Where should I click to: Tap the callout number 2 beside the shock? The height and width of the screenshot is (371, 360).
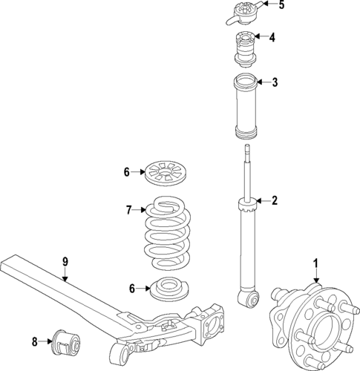pos(274,200)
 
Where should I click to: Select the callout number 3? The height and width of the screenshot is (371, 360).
pos(275,82)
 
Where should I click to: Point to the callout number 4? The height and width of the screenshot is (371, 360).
pos(272,37)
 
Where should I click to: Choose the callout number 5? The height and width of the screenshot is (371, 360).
pos(281,5)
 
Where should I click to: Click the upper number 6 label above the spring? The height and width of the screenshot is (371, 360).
pos(127,172)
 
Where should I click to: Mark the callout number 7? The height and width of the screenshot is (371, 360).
pos(127,210)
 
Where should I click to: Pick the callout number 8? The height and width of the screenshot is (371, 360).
pos(34,342)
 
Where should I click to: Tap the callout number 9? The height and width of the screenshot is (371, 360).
pos(65,261)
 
